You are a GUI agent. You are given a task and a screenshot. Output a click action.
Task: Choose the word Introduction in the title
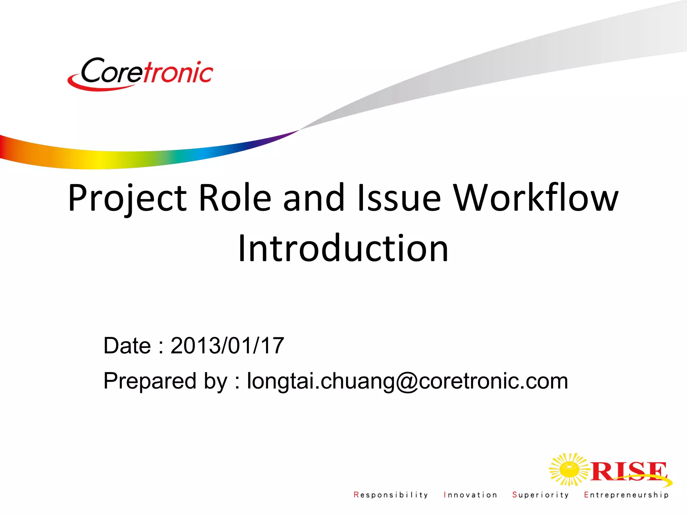click(x=343, y=249)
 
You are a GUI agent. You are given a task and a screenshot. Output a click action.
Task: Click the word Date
click(x=127, y=346)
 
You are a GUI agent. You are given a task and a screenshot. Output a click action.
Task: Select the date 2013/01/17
click(x=227, y=346)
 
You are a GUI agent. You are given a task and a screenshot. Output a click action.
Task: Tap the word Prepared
click(x=150, y=381)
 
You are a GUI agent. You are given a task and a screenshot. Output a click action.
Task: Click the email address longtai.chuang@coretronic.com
click(x=407, y=381)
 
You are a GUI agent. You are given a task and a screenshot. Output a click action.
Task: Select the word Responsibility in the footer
click(x=391, y=495)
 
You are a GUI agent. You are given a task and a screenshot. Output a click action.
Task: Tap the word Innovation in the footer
click(x=470, y=495)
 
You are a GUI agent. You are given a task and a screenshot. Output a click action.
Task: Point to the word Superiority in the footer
click(x=540, y=495)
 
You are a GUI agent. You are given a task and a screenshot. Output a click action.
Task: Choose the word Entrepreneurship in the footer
click(x=626, y=495)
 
